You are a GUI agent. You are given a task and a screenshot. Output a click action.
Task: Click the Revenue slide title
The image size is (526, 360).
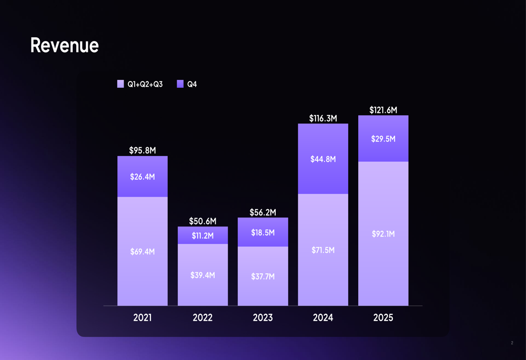click(x=64, y=46)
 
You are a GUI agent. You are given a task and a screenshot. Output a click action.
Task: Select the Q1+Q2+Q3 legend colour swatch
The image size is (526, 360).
click(x=120, y=84)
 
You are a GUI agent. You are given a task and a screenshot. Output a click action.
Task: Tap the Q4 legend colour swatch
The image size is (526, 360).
click(x=180, y=84)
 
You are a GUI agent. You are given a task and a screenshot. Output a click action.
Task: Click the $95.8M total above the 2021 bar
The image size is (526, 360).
click(x=143, y=151)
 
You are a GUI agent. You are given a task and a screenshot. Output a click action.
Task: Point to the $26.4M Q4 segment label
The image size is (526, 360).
click(x=143, y=177)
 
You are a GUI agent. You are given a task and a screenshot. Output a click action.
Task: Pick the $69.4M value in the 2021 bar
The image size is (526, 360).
click(x=143, y=252)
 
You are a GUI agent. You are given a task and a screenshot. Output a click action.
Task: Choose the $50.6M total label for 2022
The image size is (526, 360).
click(x=203, y=221)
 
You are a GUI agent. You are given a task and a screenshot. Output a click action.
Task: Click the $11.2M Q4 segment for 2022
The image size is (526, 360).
click(x=203, y=235)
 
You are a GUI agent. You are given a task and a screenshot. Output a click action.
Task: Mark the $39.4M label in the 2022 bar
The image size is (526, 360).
click(x=203, y=275)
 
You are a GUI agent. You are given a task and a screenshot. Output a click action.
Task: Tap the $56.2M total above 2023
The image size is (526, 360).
click(x=263, y=212)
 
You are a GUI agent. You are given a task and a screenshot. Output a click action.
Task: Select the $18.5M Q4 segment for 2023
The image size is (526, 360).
click(x=263, y=232)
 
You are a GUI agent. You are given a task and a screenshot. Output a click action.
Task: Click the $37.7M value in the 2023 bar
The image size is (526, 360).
click(x=263, y=276)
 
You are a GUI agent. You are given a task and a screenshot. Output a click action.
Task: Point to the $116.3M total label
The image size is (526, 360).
click(x=323, y=119)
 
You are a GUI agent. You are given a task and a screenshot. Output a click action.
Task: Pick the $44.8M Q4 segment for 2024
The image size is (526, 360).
click(x=323, y=159)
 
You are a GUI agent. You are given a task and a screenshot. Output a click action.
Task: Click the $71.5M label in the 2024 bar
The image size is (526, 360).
click(x=323, y=250)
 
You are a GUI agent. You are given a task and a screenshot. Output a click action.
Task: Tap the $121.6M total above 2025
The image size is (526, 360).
click(x=383, y=110)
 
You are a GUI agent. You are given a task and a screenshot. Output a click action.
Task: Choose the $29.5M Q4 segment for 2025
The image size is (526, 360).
click(x=383, y=139)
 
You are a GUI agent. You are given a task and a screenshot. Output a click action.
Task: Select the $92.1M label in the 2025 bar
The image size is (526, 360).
click(x=383, y=234)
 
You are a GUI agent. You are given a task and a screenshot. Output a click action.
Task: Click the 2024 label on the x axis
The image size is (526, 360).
click(x=323, y=318)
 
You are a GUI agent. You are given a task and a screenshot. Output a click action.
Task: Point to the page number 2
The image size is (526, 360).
click(x=512, y=343)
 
